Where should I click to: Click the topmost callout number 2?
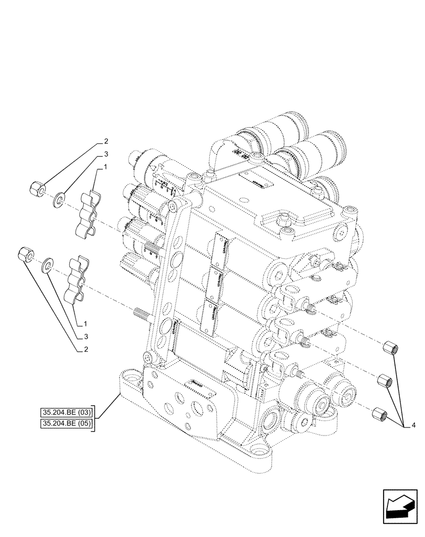[107, 142]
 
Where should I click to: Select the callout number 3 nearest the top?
[107, 154]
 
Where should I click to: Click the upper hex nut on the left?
[36, 188]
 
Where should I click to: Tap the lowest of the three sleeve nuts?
[378, 414]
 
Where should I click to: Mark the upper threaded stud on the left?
[153, 248]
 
